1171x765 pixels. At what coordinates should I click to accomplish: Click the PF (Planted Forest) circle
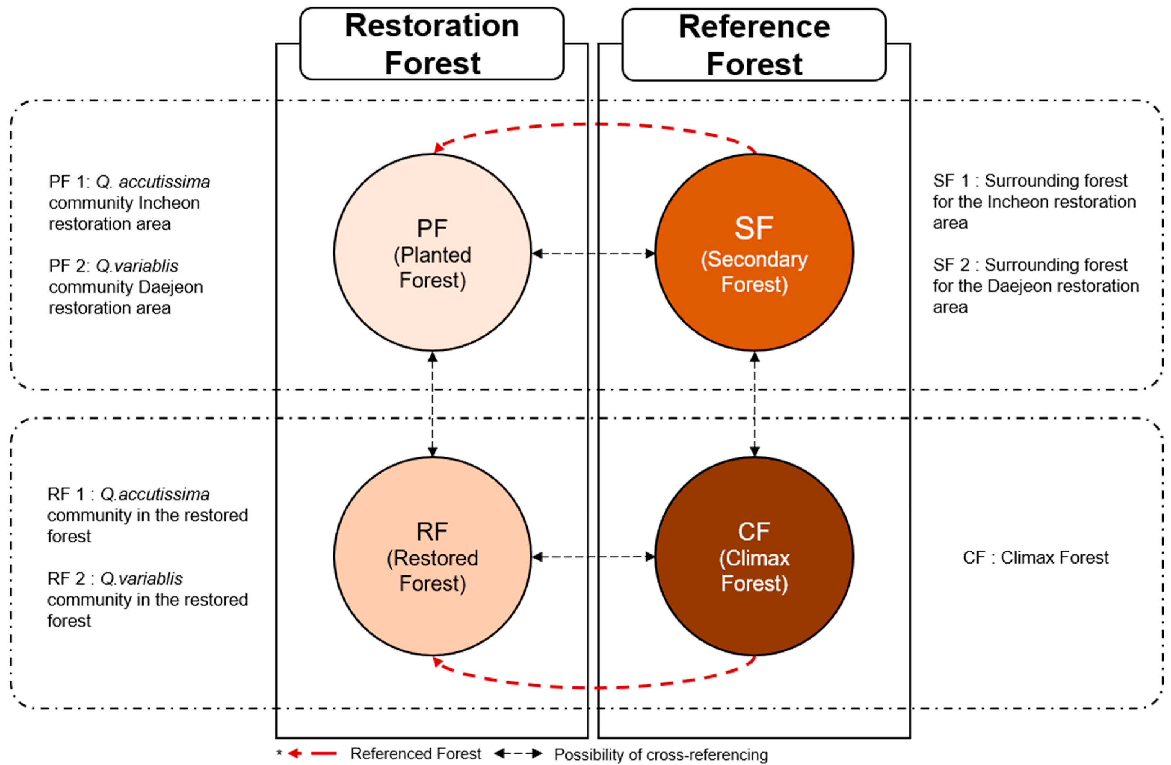(432, 253)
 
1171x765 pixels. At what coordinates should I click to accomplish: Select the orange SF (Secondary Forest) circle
(754, 253)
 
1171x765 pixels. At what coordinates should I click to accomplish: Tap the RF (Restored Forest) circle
(432, 556)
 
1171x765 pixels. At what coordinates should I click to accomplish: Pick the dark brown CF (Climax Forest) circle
(754, 556)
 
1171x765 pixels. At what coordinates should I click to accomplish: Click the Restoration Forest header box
(432, 44)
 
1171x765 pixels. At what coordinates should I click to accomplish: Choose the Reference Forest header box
(754, 45)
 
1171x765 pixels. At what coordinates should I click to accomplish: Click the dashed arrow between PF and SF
(594, 254)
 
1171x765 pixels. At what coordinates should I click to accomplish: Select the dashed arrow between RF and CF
(594, 557)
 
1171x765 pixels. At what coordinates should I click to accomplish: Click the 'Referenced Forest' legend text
(416, 753)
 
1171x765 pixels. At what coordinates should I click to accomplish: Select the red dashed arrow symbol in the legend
(312, 753)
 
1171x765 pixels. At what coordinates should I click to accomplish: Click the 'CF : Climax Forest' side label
(1036, 557)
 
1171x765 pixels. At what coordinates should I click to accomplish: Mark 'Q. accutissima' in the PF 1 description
(153, 182)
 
